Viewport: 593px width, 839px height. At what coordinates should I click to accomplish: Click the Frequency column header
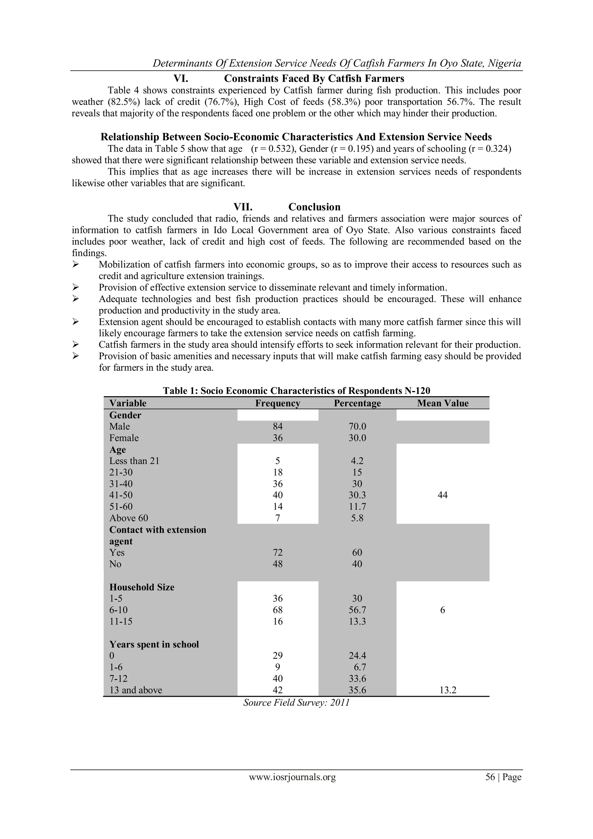point(277,403)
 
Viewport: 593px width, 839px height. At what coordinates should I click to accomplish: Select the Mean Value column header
point(442,403)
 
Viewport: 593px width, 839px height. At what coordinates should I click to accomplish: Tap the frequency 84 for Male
point(277,426)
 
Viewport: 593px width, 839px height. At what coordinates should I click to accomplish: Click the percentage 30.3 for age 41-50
point(357,495)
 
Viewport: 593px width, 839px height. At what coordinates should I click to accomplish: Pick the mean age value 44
point(442,495)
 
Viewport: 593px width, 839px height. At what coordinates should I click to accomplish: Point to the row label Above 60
point(129,518)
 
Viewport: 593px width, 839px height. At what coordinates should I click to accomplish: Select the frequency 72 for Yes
point(277,552)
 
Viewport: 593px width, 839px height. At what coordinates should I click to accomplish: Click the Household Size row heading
point(142,587)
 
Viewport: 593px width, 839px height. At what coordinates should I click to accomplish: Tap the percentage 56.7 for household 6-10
point(357,610)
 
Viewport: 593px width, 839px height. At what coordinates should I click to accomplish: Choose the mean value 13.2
point(448,690)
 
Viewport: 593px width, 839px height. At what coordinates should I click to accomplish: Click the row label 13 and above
point(136,690)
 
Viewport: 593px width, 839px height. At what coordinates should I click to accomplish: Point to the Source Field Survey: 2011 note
point(296,703)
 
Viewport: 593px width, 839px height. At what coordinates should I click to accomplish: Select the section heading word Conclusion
point(314,207)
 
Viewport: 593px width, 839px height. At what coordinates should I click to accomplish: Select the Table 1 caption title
point(296,391)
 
